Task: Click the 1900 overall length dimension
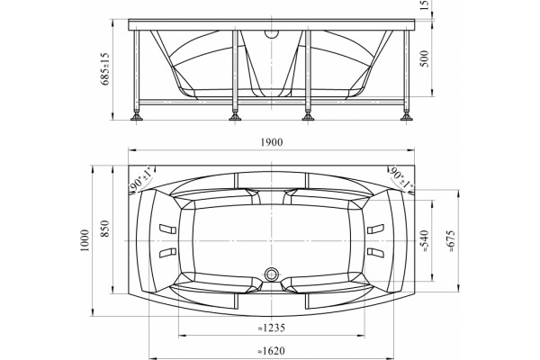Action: click(x=272, y=142)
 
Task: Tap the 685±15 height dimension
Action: click(x=105, y=69)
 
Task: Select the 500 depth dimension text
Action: click(x=426, y=58)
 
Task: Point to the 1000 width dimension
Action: click(x=85, y=240)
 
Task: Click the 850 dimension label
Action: click(x=105, y=229)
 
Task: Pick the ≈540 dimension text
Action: click(x=425, y=241)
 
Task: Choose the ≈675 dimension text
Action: click(x=452, y=241)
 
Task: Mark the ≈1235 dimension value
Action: click(x=272, y=328)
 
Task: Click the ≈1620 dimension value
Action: click(x=272, y=351)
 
